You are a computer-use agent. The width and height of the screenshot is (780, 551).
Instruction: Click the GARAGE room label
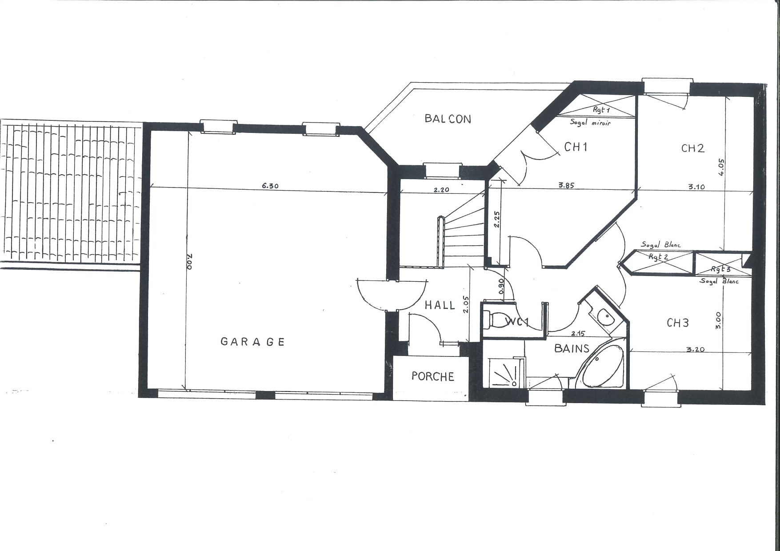(252, 341)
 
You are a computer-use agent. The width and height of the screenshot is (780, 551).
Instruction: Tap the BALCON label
(448, 119)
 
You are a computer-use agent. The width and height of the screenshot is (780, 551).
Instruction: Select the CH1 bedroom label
(576, 147)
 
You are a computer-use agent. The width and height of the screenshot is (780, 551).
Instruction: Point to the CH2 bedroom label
(693, 148)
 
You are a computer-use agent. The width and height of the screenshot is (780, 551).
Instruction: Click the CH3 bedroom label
(678, 323)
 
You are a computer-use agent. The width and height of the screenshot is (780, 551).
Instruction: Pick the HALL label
(440, 305)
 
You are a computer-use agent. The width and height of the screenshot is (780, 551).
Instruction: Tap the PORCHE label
(433, 376)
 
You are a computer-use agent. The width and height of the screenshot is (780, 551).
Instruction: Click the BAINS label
(572, 348)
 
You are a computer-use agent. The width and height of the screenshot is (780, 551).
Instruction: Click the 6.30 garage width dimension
(270, 186)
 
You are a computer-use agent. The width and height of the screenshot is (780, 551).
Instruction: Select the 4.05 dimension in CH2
(720, 168)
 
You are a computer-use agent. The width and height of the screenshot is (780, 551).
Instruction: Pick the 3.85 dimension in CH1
(567, 186)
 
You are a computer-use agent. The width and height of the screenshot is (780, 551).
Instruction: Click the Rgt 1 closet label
(601, 109)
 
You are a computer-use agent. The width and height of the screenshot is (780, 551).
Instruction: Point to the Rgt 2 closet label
(658, 257)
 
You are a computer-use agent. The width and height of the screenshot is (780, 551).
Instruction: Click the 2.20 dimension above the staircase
(441, 190)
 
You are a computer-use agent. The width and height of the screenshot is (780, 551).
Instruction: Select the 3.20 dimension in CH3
(696, 349)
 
